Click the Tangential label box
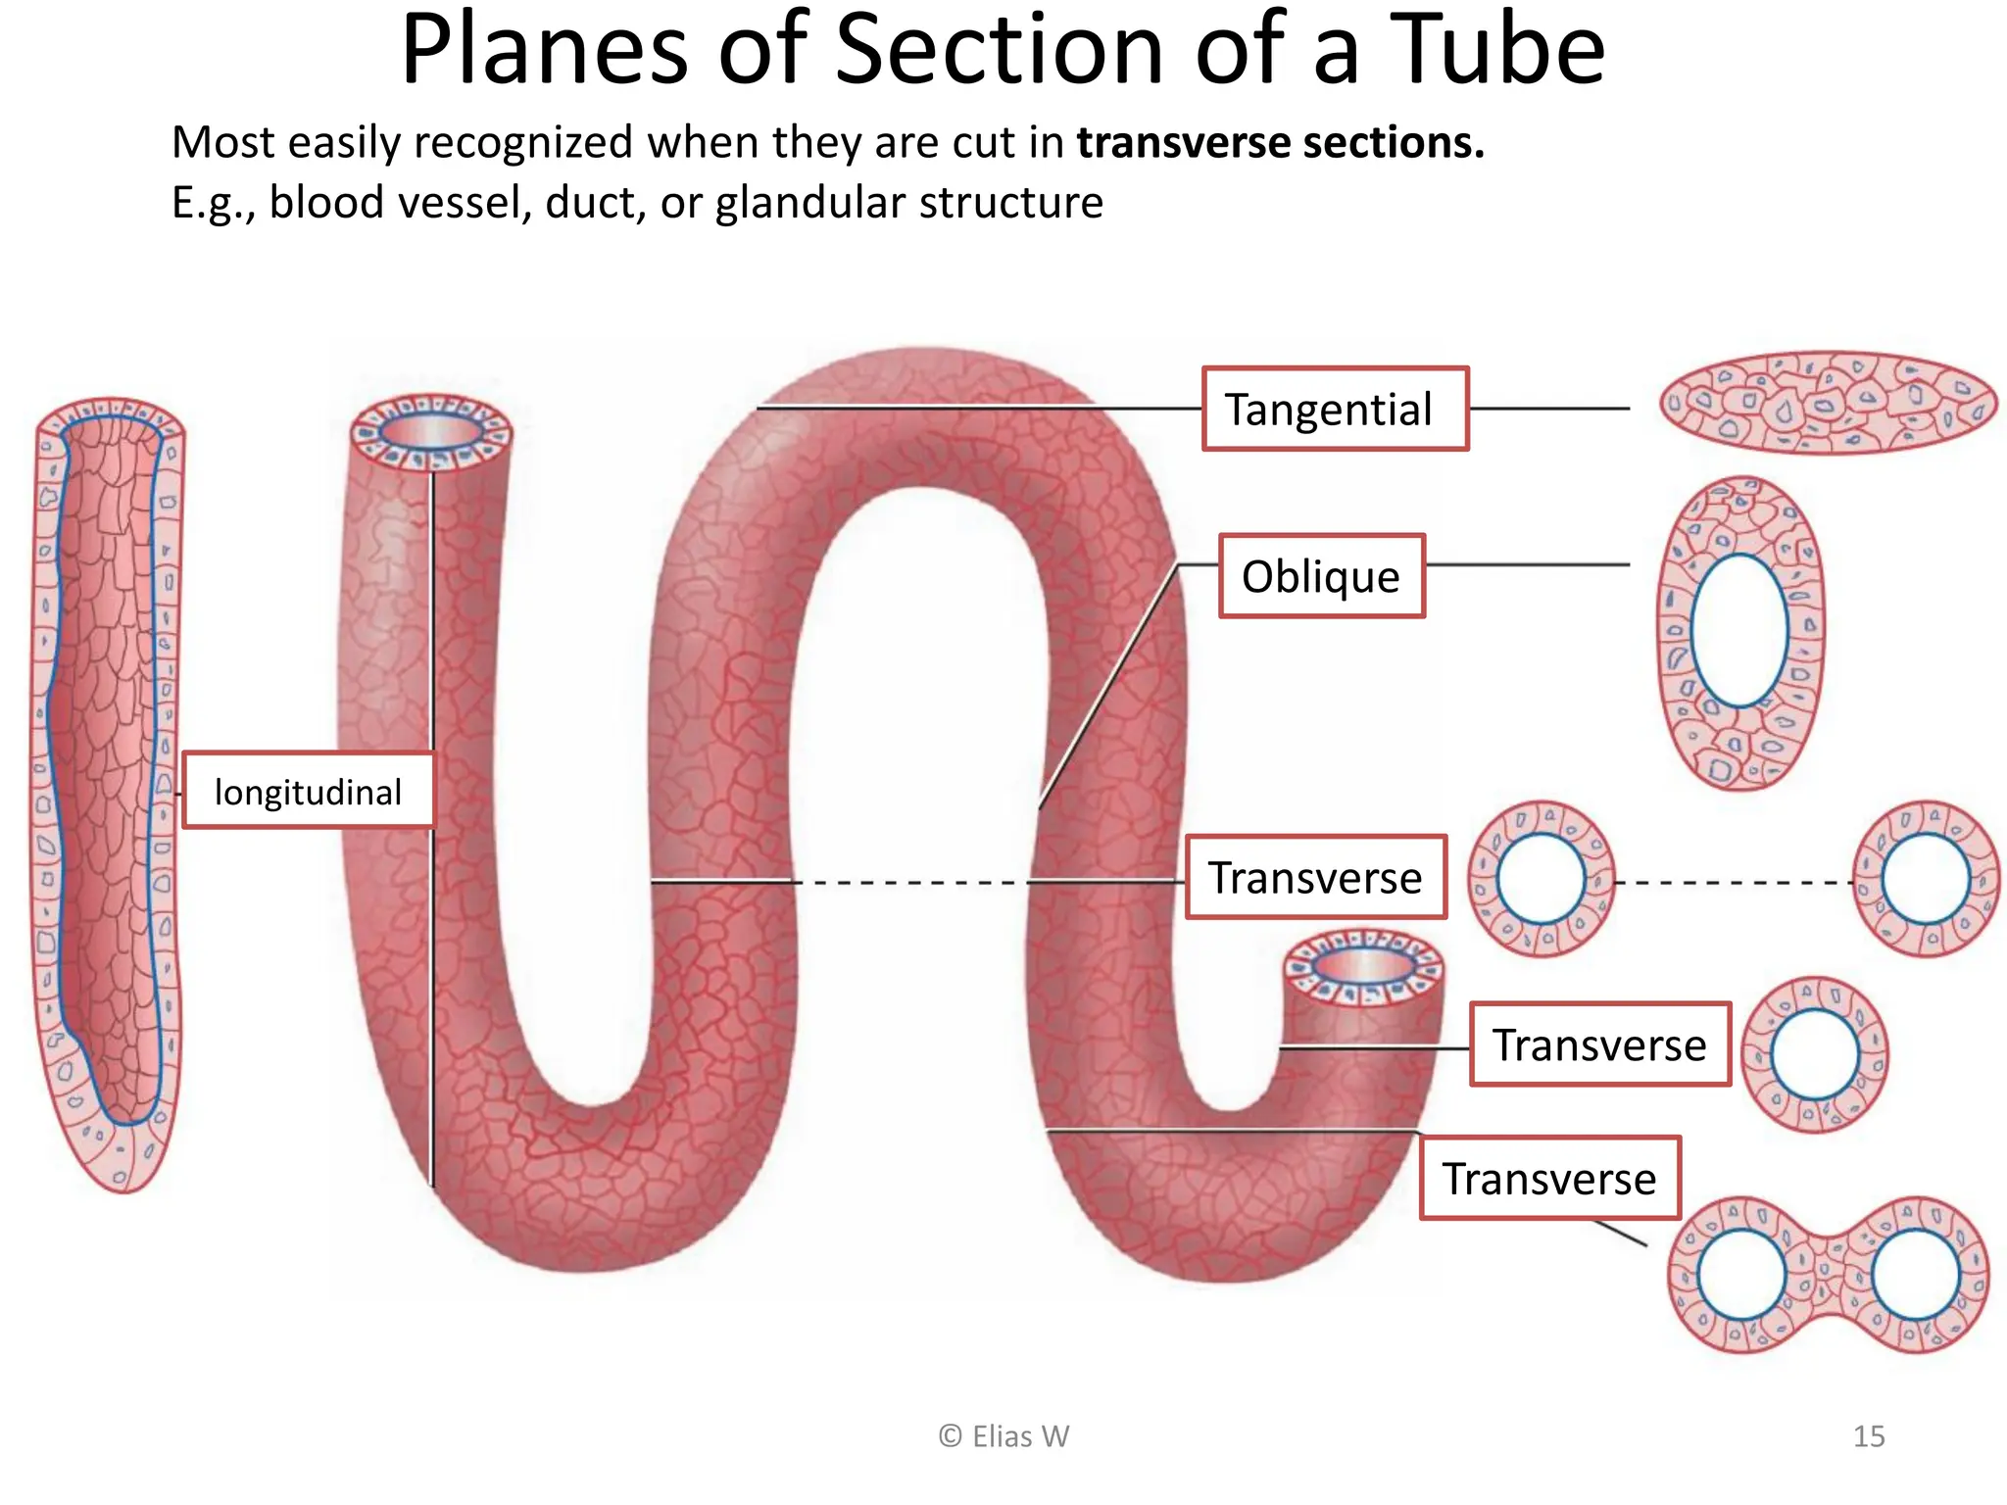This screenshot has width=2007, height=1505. click(1335, 410)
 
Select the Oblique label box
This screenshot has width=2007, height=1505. click(1321, 576)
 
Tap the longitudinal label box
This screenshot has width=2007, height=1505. click(308, 792)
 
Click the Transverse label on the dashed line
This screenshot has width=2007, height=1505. click(1315, 878)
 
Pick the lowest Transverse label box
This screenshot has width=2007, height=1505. click(1549, 1179)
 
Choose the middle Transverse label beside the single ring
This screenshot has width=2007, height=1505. click(1599, 1044)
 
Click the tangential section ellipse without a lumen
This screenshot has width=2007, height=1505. click(1827, 403)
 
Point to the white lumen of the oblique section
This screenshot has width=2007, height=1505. click(1739, 630)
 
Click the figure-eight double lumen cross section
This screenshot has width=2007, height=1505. click(1829, 1275)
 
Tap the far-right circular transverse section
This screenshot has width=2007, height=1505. click(1926, 879)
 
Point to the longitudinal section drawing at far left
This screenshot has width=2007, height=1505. click(108, 794)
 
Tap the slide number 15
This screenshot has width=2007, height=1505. click(1868, 1436)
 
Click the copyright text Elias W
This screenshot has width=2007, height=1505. click(1003, 1436)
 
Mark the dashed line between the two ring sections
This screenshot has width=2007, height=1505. click(1733, 883)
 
